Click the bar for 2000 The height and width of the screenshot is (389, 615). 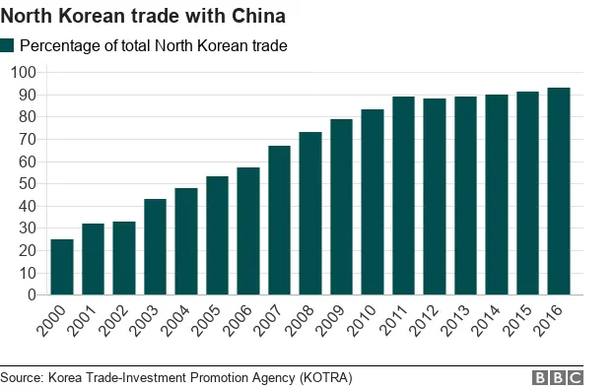point(62,267)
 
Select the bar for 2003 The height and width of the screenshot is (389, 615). point(155,247)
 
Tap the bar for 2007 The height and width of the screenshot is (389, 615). point(279,221)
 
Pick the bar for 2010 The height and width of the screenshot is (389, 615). point(373,202)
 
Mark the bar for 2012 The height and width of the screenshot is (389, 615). point(435,197)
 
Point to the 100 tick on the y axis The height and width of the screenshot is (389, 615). point(24,73)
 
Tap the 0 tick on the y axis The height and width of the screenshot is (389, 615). point(32,295)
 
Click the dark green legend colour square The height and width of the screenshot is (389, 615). point(8,46)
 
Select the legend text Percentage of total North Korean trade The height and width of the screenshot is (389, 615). point(153,46)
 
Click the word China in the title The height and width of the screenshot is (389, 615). point(258,16)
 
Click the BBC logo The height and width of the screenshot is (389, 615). point(558,378)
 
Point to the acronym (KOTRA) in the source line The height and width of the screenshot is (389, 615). point(320,377)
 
